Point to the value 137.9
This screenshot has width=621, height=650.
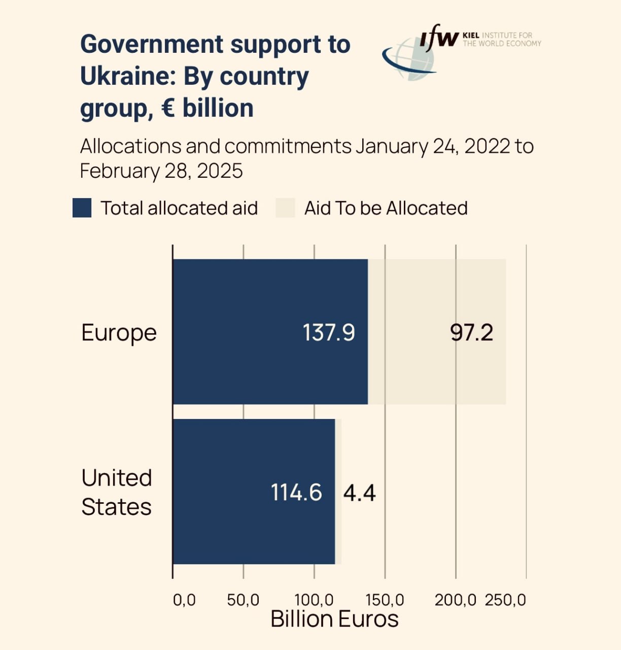click(328, 333)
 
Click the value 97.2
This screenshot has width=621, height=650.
click(471, 333)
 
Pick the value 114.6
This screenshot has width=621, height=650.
click(296, 493)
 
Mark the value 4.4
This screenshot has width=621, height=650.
click(359, 493)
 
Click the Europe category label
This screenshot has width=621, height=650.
click(119, 333)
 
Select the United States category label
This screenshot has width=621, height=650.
click(117, 492)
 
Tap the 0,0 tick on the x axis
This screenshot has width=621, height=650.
click(184, 600)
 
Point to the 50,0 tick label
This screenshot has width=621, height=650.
click(243, 600)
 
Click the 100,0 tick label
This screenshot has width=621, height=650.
click(314, 600)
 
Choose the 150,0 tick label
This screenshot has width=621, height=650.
click(385, 600)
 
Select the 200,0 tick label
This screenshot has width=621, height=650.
click(455, 600)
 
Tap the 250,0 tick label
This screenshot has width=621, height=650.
click(505, 600)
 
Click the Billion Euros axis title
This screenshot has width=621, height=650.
click(334, 619)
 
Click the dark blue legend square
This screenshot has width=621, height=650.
click(82, 208)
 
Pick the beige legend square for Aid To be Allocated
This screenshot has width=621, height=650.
click(285, 208)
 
